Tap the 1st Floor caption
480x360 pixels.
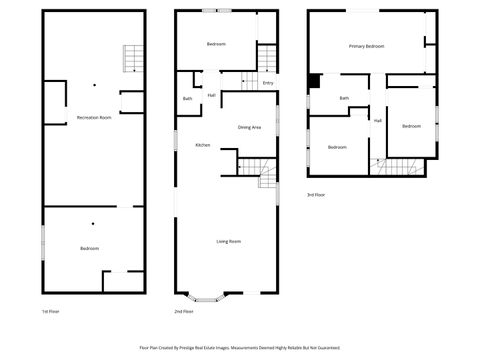point(50,312)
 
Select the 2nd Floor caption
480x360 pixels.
point(183,312)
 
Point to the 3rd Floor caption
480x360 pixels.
point(316,195)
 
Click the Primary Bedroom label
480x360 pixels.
point(367,47)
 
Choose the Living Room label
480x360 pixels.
point(229,241)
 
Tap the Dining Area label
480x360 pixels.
point(249,127)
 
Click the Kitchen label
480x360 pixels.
point(203,146)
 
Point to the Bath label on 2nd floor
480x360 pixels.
point(188,98)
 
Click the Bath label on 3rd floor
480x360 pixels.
point(344,98)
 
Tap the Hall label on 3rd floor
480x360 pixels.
point(378,121)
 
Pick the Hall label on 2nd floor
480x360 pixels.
point(211,95)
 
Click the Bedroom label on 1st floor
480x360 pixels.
point(90,248)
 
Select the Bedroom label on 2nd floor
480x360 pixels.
point(216,44)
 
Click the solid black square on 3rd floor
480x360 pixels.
point(313,82)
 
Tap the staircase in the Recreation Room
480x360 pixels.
point(132,59)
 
